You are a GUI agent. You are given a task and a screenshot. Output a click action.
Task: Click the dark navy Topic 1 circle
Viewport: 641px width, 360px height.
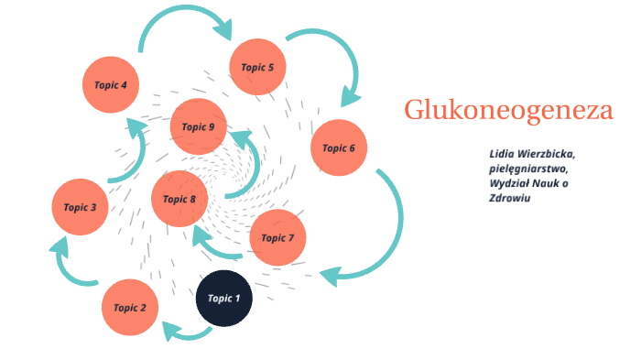224,299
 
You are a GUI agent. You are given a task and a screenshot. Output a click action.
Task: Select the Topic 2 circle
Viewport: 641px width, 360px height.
130,308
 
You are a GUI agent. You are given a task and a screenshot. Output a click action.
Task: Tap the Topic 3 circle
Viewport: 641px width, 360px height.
81,207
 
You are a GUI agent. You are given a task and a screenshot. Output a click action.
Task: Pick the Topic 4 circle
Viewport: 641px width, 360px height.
111,85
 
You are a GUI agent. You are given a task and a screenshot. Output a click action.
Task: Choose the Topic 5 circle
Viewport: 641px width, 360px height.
257,67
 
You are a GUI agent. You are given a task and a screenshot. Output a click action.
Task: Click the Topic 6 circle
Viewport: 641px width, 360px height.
339,147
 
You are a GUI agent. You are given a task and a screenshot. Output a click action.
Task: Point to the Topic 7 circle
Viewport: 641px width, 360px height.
277,238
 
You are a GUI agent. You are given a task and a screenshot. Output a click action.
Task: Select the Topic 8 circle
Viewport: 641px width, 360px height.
179,199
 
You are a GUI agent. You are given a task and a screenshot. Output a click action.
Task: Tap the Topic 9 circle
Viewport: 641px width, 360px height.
199,126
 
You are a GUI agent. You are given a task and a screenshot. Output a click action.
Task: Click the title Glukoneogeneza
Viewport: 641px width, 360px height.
508,111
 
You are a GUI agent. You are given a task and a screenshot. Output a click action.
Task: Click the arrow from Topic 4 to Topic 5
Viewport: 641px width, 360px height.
183,16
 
